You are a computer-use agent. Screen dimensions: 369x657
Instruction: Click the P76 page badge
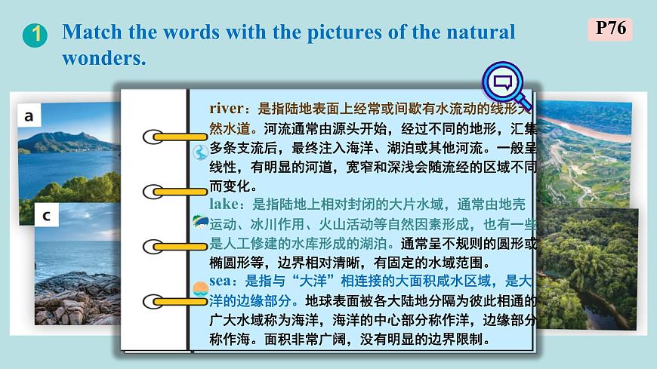pos(609,29)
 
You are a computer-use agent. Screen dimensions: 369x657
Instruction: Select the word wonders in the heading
pos(103,58)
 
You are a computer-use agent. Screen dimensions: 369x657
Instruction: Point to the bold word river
pos(228,108)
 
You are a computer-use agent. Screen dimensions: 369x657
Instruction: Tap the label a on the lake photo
pos(29,116)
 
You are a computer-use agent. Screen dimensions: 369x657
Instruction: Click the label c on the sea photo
pos(46,216)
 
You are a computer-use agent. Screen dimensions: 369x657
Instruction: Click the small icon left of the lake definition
pos(200,223)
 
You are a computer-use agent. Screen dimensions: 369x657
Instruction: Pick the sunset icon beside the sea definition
pos(200,288)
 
